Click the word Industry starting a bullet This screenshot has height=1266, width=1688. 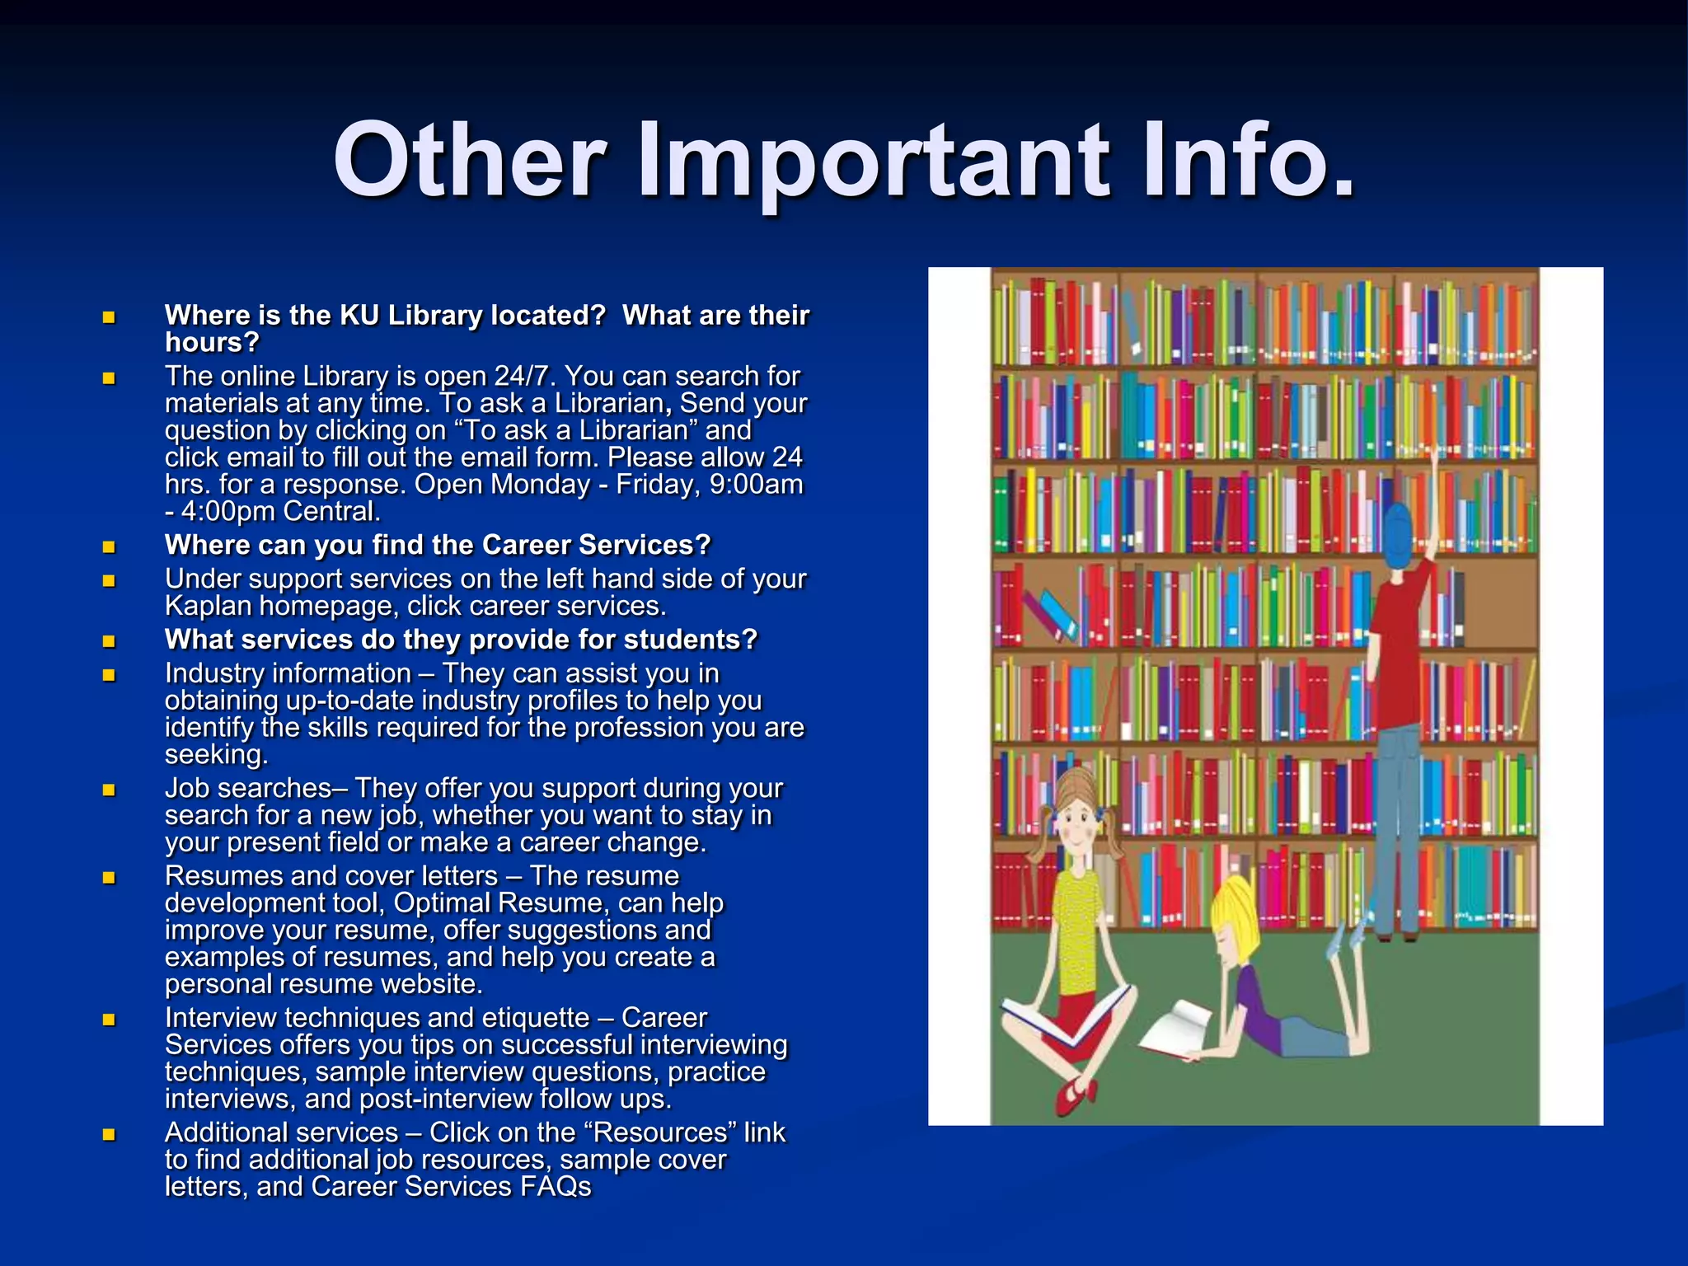(x=218, y=673)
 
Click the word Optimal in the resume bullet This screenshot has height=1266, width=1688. (x=442, y=903)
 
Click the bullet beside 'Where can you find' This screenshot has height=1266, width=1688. (x=109, y=546)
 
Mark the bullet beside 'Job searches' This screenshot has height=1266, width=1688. (x=109, y=790)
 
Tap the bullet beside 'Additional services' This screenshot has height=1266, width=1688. (x=109, y=1134)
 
